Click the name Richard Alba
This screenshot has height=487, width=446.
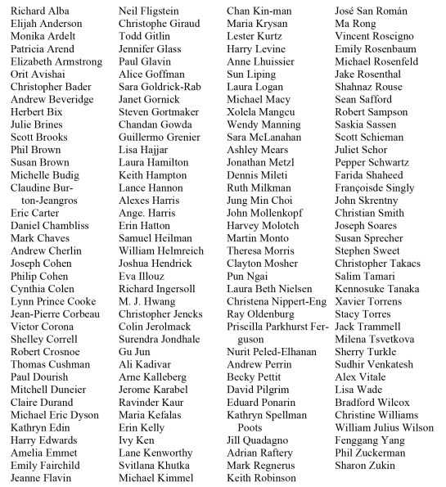[x=38, y=11]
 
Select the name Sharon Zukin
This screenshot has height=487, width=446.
[x=366, y=466]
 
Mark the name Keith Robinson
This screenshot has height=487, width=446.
[x=261, y=478]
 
